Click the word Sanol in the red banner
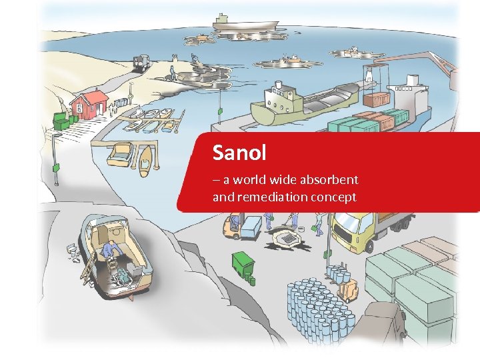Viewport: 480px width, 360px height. (x=239, y=153)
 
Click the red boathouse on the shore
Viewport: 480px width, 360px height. (x=89, y=103)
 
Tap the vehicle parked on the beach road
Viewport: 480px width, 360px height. (x=141, y=62)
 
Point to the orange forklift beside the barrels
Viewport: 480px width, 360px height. (x=347, y=291)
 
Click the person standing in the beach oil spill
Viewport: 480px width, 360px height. (x=173, y=72)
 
